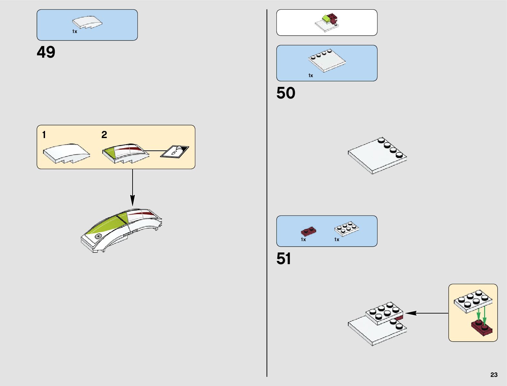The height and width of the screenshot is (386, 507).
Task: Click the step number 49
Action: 46,52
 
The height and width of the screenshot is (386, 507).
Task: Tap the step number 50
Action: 286,93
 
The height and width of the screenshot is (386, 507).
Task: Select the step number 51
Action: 283,259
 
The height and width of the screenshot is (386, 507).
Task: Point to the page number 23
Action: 494,375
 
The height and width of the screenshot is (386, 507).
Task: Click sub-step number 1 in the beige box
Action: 44,135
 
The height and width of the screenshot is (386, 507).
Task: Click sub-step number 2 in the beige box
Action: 104,135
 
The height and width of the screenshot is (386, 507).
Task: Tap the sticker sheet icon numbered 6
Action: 175,151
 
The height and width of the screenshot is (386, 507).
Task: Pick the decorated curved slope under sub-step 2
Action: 126,153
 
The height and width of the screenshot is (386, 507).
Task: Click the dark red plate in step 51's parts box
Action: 308,231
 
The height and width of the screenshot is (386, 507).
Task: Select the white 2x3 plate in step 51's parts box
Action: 347,229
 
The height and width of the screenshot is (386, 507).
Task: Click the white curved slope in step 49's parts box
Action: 87,23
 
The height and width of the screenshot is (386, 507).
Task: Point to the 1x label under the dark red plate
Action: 303,240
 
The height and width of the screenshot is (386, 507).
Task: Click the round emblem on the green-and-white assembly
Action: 98,237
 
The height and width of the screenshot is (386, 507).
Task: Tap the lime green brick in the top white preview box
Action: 326,19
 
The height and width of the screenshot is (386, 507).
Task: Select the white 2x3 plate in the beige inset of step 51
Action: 473,301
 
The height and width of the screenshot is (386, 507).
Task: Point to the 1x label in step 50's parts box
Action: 310,76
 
